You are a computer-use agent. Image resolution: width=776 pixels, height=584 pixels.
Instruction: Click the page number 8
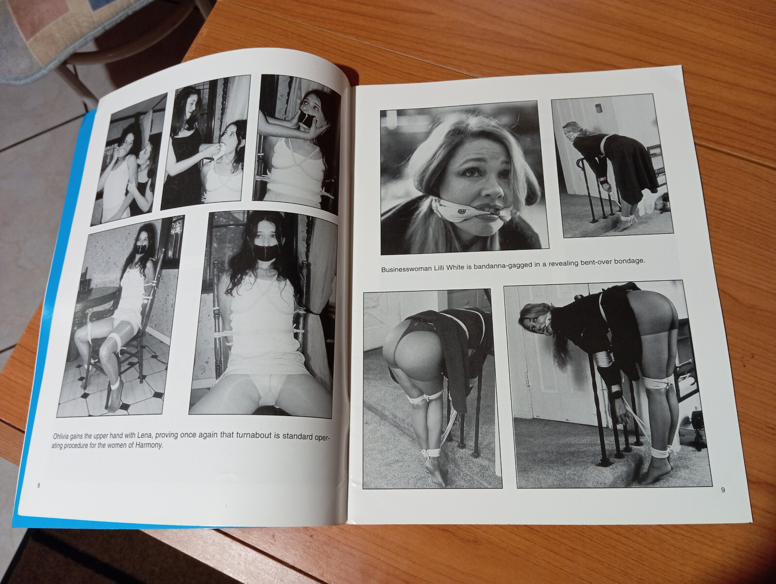pos(38,486)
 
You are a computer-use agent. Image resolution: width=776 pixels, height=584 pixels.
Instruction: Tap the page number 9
pos(723,490)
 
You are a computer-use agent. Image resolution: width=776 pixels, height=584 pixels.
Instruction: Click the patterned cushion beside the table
pos(53,28)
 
